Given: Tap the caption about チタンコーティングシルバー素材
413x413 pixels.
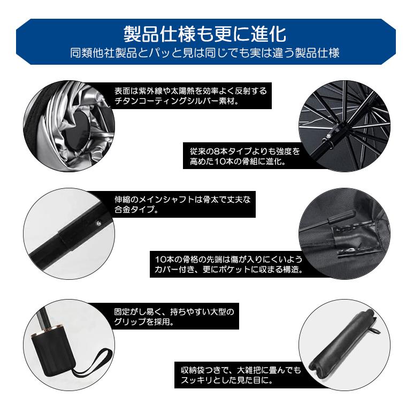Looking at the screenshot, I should point(190,96).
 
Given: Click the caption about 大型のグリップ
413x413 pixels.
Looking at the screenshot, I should point(174,316).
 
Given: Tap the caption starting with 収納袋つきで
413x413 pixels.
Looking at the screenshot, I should point(238,376).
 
